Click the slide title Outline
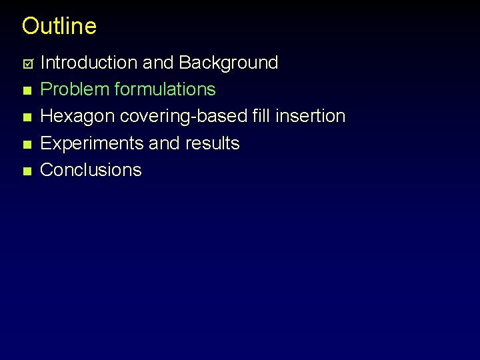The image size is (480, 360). click(59, 26)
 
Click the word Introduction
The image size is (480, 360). click(89, 63)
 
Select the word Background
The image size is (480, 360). click(228, 63)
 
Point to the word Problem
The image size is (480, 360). click(75, 89)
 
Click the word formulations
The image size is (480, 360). click(165, 89)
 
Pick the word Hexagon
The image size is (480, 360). click(77, 116)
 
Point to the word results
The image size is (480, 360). click(213, 143)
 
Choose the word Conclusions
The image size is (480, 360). click(91, 170)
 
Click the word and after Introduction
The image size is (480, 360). click(158, 63)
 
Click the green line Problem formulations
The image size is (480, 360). click(128, 89)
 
